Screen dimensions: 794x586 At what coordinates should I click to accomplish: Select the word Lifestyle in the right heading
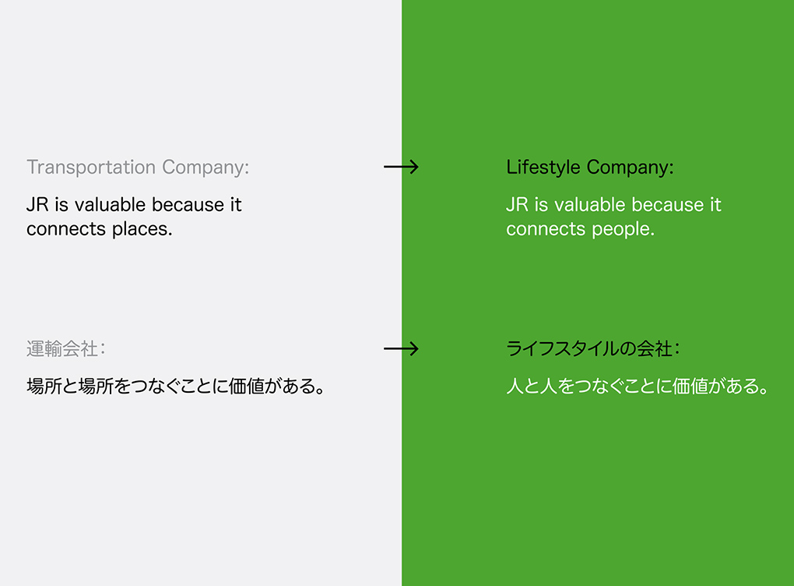click(x=543, y=168)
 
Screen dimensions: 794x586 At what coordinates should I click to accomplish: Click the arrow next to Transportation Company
click(x=401, y=167)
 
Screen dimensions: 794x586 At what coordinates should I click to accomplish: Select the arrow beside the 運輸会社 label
click(x=401, y=349)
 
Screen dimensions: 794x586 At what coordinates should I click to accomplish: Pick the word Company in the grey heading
click(x=206, y=168)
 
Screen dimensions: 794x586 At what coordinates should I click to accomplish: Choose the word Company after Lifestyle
click(x=631, y=168)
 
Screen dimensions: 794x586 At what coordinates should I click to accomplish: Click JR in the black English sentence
click(x=37, y=205)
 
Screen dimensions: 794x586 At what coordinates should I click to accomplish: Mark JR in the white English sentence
click(x=518, y=205)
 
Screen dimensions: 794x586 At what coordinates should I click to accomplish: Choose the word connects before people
click(x=546, y=229)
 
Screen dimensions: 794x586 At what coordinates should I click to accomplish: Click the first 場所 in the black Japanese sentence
click(x=44, y=387)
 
